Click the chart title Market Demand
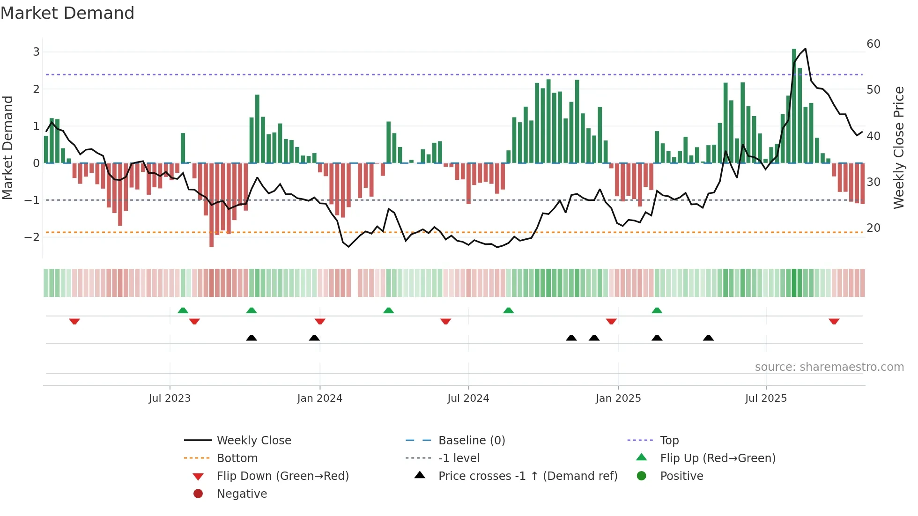(x=67, y=13)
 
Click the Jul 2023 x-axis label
(x=170, y=398)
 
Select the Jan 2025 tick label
(x=618, y=398)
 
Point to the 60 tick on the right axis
(x=874, y=44)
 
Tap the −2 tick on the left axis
(x=32, y=237)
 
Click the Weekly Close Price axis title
(x=899, y=147)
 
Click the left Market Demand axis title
(x=8, y=147)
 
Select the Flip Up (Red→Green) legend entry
(x=718, y=458)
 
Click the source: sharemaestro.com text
(x=829, y=367)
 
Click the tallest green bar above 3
(x=794, y=105)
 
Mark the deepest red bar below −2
(x=212, y=206)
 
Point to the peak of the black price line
(x=805, y=49)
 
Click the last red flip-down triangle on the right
(x=834, y=321)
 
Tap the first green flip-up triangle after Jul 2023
(x=183, y=310)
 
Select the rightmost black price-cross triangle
(x=708, y=338)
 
